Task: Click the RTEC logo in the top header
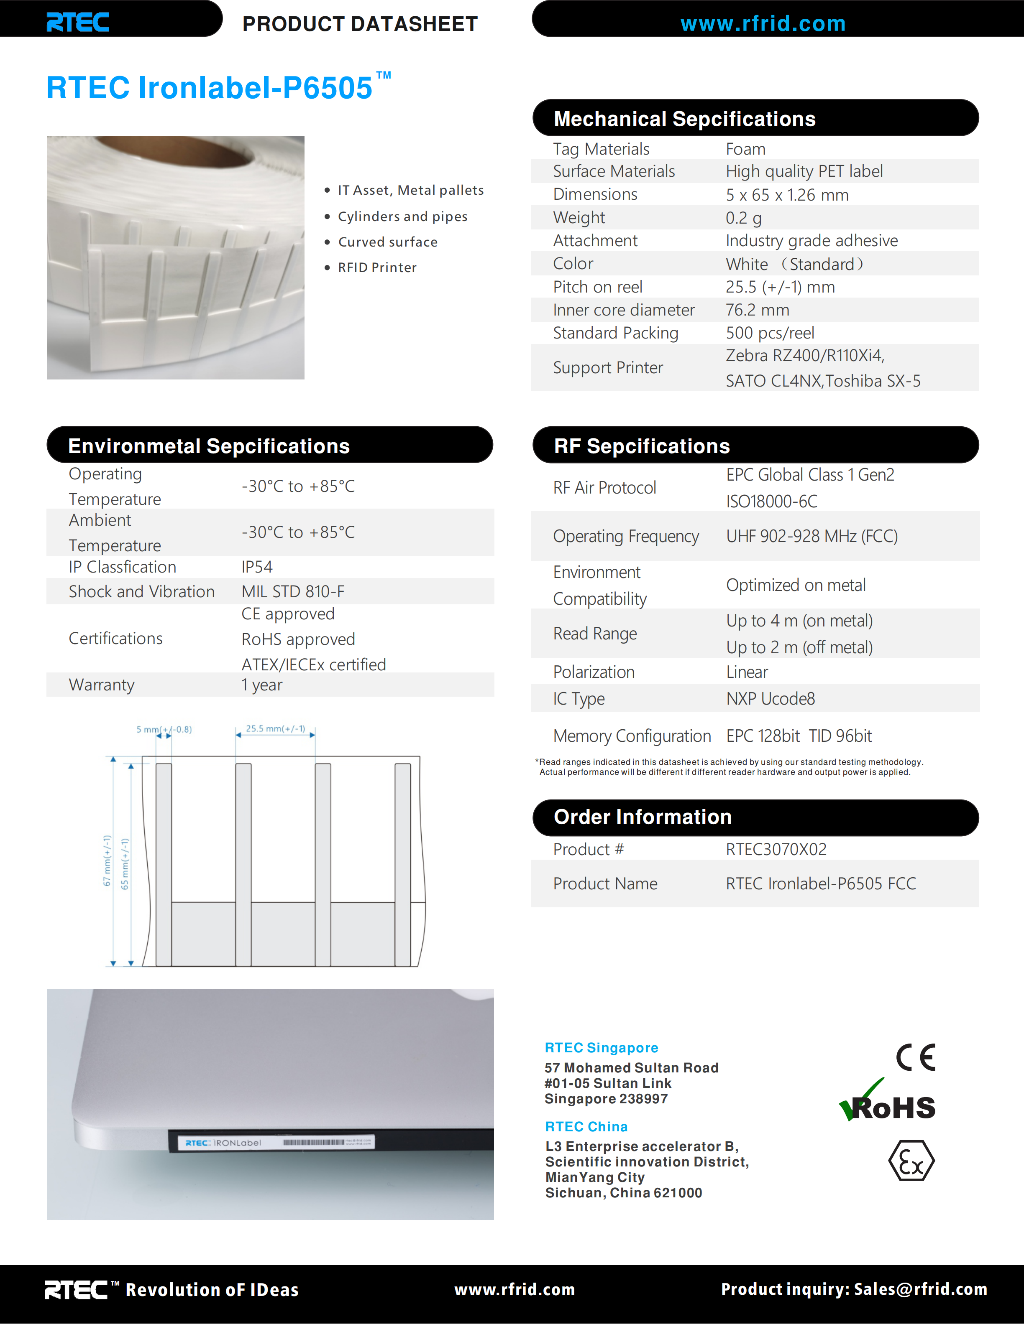(x=78, y=23)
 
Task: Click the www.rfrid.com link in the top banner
(x=763, y=24)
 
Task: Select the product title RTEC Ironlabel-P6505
(x=209, y=87)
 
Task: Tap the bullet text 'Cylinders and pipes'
(x=402, y=216)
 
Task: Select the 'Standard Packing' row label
(x=615, y=333)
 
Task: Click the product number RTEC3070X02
(x=776, y=849)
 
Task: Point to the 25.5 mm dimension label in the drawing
(x=275, y=729)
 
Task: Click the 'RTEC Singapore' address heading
(x=601, y=1048)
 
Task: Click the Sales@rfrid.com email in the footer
(x=920, y=1289)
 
